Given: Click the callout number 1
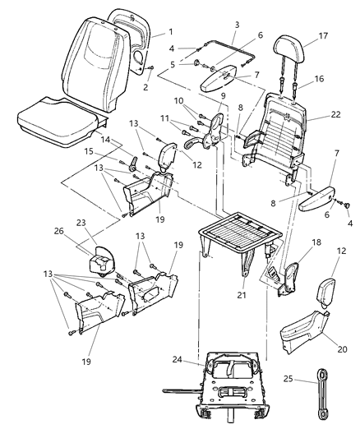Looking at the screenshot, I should click(x=171, y=31).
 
